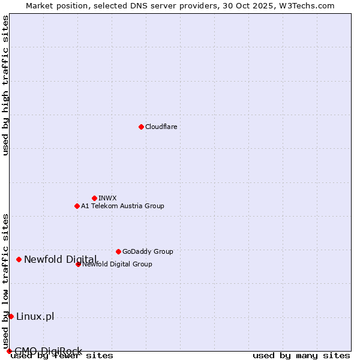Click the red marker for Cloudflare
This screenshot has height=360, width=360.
point(141,127)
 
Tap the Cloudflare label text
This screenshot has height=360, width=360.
point(161,127)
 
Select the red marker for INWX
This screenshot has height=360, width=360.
point(94,198)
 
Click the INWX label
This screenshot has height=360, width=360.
point(107,198)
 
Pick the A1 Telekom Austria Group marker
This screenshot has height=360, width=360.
point(77,206)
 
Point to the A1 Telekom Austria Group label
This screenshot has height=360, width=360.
point(122,206)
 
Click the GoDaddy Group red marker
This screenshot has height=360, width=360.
point(118,251)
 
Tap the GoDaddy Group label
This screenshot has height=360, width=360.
point(147,251)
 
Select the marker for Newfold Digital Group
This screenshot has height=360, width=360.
point(78,264)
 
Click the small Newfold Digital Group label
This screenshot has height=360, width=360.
point(118,264)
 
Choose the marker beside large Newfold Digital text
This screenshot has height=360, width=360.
point(19,259)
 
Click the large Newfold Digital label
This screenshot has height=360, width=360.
point(60,259)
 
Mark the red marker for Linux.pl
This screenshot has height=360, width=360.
point(11,316)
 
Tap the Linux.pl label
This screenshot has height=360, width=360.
point(35,316)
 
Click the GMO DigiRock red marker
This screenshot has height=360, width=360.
point(9,351)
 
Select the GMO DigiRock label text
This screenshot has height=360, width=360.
point(48,351)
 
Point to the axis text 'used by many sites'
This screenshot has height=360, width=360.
point(301,355)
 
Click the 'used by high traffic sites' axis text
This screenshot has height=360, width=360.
point(5,85)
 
